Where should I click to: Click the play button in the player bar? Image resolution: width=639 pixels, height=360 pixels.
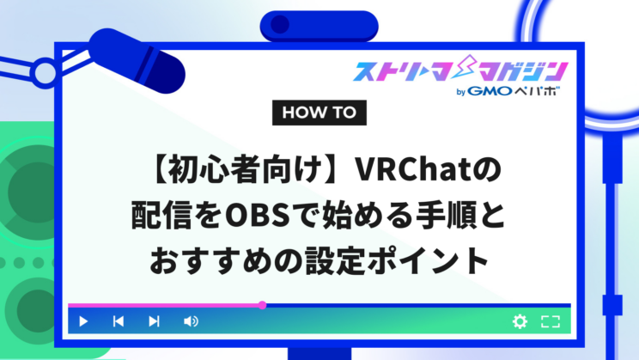83,321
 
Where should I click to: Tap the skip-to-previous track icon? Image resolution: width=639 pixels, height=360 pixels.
119,321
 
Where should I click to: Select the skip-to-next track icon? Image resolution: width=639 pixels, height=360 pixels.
154,321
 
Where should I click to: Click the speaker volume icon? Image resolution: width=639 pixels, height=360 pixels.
191,321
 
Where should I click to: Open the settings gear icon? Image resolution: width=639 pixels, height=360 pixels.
520,321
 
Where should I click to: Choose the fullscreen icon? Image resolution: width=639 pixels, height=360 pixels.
551,321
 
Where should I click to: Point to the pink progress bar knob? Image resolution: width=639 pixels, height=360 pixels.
263,305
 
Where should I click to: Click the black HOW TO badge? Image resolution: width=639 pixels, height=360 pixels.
319,113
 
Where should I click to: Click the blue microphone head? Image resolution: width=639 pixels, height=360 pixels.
137,61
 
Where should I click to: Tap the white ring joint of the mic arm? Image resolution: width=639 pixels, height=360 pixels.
45,73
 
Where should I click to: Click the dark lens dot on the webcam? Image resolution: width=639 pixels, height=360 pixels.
280,24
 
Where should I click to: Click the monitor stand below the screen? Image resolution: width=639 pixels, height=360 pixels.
319,353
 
